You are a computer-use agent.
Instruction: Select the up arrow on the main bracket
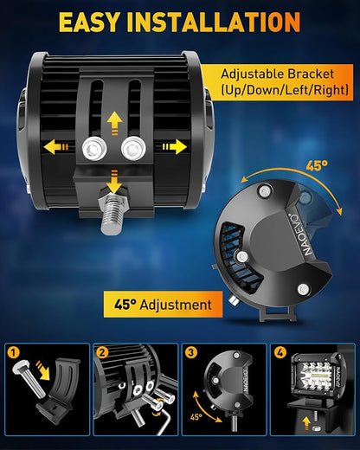[x=114, y=124]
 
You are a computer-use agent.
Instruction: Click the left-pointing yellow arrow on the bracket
[x=55, y=147]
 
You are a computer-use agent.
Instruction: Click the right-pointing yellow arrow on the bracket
[x=175, y=147]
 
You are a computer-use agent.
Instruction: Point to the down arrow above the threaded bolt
[x=114, y=182]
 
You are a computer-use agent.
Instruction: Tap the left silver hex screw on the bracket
[x=94, y=149]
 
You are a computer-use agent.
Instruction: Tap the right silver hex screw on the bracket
[x=133, y=149]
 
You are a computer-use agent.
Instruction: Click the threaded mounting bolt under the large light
[x=111, y=213]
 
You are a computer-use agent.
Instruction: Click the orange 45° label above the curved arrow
[x=317, y=166]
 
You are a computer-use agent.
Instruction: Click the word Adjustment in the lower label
[x=176, y=305]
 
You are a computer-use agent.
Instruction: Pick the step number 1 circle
[x=14, y=353]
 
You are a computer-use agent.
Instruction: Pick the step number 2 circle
[x=102, y=353]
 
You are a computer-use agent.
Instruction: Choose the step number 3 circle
[x=190, y=353]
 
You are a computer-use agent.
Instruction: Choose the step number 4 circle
[x=280, y=353]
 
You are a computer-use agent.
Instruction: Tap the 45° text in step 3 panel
[x=196, y=417]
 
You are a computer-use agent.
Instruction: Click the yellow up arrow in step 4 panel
[x=306, y=422]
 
